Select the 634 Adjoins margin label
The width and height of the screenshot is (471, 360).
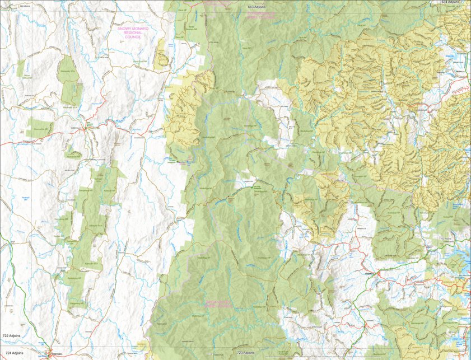click(452, 2)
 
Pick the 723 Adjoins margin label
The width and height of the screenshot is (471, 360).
click(246, 353)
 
